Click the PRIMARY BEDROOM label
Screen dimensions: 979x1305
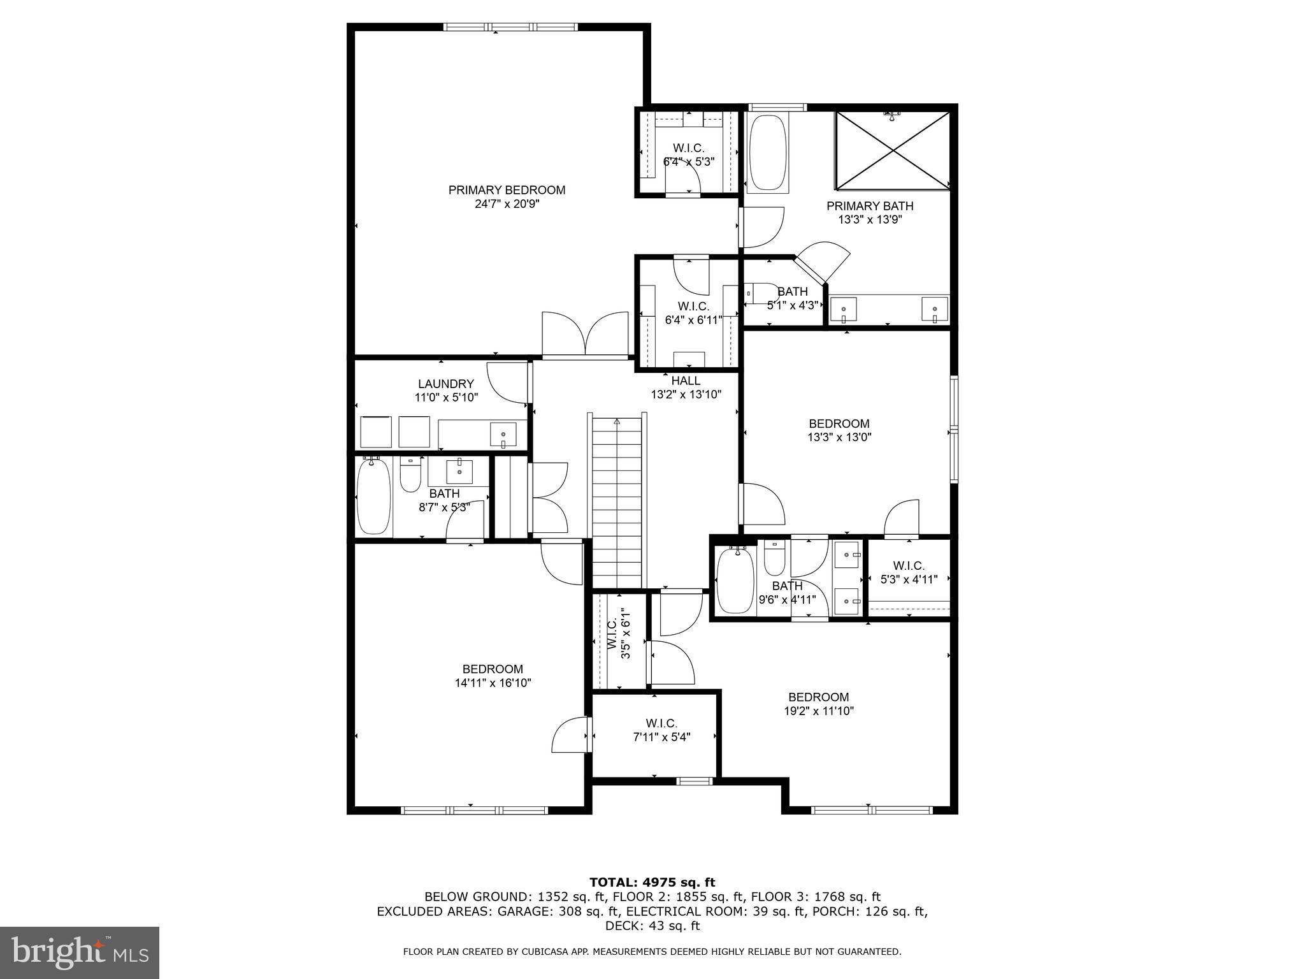tap(507, 190)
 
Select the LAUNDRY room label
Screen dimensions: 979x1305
tap(446, 384)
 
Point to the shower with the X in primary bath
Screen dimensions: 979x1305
tap(892, 150)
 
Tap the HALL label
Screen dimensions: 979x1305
tap(686, 381)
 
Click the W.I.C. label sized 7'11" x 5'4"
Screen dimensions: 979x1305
tap(661, 723)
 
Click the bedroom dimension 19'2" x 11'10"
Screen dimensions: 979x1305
tap(818, 711)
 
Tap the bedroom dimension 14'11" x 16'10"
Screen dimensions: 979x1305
tap(493, 683)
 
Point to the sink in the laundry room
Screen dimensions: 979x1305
tap(503, 435)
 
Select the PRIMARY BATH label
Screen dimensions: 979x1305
tap(870, 206)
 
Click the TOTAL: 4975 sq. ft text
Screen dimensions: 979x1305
tap(652, 882)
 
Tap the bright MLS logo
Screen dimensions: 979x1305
tap(80, 952)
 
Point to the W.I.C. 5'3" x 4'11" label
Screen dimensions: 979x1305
tap(909, 566)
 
